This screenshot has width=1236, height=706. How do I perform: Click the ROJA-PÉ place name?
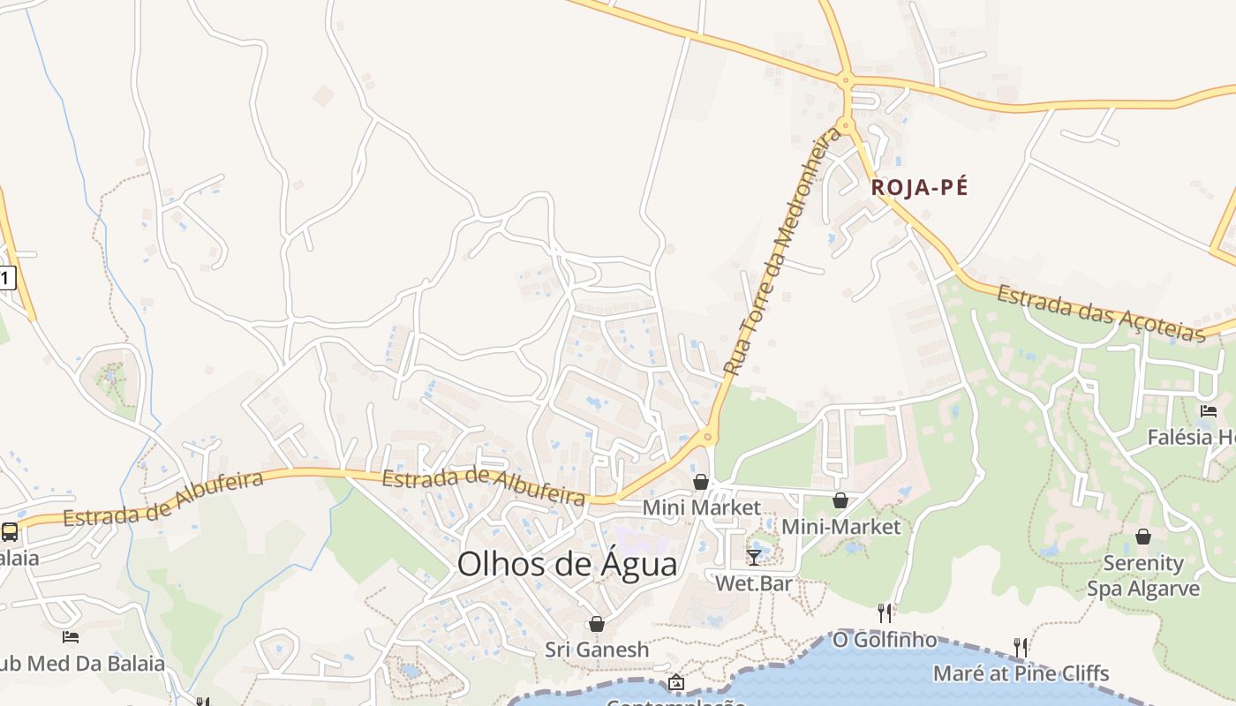click(x=919, y=188)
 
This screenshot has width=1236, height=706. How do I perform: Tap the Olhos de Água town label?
click(x=567, y=565)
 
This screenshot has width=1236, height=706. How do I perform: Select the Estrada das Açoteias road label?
click(x=1101, y=313)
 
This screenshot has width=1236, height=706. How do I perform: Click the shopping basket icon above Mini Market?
click(x=700, y=482)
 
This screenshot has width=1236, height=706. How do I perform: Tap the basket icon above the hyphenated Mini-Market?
click(x=840, y=500)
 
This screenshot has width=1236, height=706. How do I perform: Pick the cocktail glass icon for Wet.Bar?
click(x=754, y=557)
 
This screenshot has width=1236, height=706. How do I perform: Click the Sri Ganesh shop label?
click(x=597, y=650)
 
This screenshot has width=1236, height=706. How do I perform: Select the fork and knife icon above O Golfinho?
click(x=885, y=612)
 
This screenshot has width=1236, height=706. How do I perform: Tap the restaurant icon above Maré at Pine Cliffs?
click(x=1021, y=648)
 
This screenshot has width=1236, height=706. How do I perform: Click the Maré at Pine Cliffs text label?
click(x=1021, y=674)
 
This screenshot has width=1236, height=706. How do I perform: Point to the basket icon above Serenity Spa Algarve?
click(x=1143, y=537)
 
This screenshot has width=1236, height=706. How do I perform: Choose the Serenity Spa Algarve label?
click(x=1143, y=575)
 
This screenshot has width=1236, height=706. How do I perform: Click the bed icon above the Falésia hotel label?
click(x=1208, y=411)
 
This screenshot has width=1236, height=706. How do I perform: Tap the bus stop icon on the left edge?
click(x=10, y=532)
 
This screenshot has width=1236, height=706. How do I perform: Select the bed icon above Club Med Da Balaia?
click(x=71, y=636)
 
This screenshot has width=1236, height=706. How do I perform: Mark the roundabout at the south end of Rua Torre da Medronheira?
click(x=707, y=436)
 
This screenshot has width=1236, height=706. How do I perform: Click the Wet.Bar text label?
click(x=753, y=583)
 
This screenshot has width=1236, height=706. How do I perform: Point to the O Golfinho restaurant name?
click(x=884, y=640)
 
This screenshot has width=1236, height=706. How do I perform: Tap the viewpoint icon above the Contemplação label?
click(x=676, y=682)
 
